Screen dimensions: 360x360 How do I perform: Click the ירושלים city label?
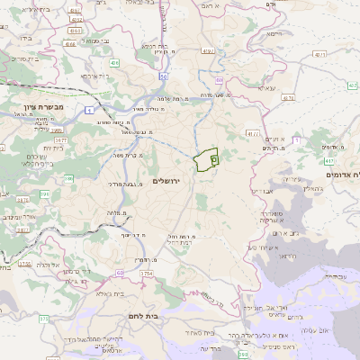coord(167,181)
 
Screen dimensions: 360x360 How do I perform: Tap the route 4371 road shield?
coord(319,55)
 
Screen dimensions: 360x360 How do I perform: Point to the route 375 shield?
coord(42,319)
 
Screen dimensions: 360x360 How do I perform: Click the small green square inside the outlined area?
coord(214,157)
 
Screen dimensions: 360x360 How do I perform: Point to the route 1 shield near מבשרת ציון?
coord(90,110)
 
